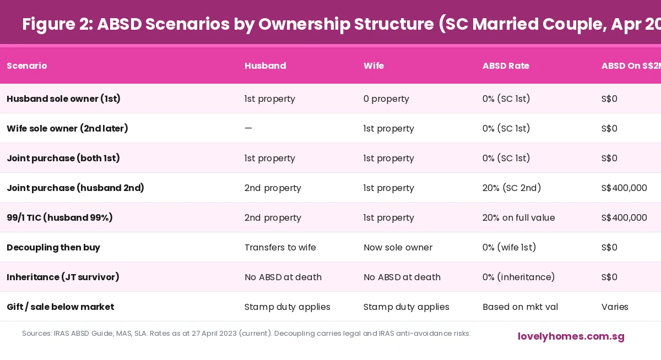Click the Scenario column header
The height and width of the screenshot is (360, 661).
(x=26, y=66)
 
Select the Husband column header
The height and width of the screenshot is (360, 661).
(x=265, y=66)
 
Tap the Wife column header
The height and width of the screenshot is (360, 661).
(x=373, y=66)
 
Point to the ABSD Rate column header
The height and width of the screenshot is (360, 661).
(x=506, y=66)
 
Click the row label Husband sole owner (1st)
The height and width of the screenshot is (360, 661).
(x=63, y=99)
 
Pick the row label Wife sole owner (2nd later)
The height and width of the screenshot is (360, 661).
(x=67, y=129)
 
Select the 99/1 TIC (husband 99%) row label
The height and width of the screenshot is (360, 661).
(x=59, y=218)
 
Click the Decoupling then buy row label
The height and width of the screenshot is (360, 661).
(x=53, y=248)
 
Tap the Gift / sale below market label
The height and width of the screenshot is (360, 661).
(x=60, y=307)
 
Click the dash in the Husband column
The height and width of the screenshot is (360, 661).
(x=248, y=129)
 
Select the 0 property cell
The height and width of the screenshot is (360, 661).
(x=386, y=99)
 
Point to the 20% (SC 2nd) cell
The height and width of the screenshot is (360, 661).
(x=512, y=188)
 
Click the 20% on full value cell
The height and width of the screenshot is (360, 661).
(x=518, y=218)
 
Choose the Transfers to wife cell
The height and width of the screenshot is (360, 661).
(x=280, y=248)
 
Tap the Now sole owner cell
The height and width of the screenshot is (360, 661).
(x=398, y=248)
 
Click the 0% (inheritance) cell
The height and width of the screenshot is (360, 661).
(x=518, y=277)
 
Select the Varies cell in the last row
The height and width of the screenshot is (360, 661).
(x=615, y=307)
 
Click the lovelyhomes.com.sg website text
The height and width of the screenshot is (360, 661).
(x=571, y=336)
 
